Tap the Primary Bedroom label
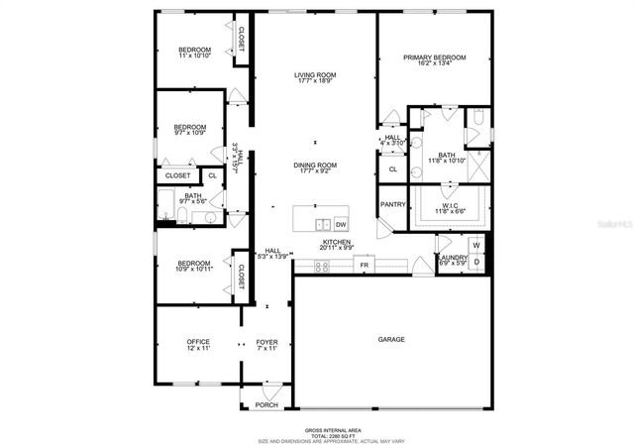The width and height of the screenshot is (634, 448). [434, 57]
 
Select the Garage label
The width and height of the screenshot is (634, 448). [391, 340]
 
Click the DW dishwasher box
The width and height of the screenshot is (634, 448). [341, 224]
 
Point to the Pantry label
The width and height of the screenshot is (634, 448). [392, 204]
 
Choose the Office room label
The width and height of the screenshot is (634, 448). [198, 342]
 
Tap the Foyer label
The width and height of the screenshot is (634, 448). [267, 342]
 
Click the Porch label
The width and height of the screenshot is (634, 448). [266, 404]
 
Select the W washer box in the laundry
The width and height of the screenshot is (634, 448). [475, 245]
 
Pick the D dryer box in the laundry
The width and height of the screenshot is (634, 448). [475, 262]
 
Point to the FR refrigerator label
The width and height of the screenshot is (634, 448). [364, 266]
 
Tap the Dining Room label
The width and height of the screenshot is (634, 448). [315, 165]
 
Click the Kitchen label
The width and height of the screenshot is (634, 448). [337, 242]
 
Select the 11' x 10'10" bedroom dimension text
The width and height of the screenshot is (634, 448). [194, 56]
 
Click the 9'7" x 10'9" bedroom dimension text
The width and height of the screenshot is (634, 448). [189, 133]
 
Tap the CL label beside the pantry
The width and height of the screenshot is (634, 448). [392, 169]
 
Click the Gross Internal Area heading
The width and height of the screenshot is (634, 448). [317, 428]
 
